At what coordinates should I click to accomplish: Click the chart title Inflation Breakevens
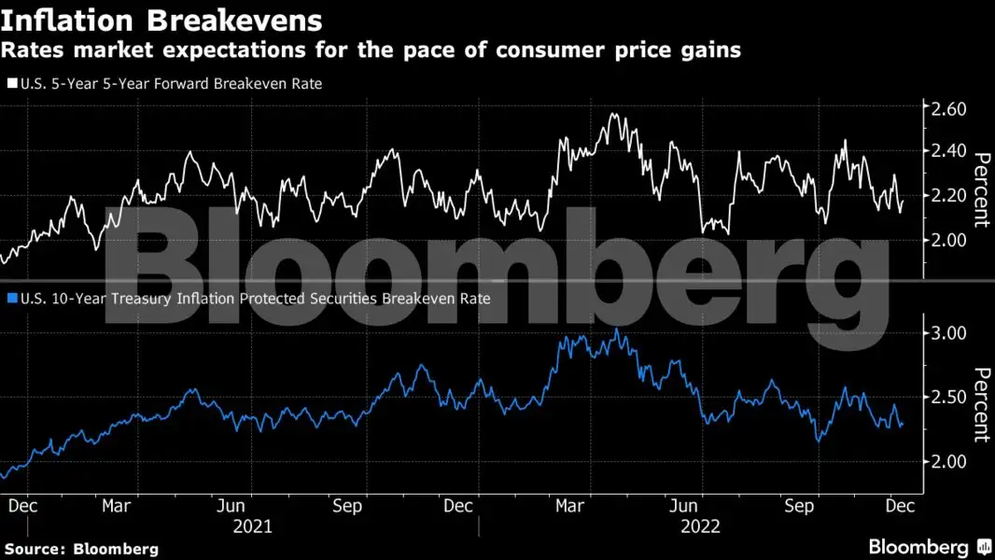click(x=162, y=20)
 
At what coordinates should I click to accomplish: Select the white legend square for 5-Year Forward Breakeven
click(x=11, y=84)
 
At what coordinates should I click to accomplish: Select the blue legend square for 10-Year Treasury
click(x=11, y=299)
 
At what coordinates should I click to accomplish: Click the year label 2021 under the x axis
click(x=252, y=526)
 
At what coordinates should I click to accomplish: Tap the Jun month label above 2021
click(x=231, y=505)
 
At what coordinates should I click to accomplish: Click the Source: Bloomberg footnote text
click(x=81, y=549)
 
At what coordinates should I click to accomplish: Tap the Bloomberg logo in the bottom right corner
click(x=930, y=547)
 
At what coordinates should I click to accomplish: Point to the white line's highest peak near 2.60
click(x=612, y=114)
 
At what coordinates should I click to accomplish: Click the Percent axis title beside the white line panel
click(x=980, y=190)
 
